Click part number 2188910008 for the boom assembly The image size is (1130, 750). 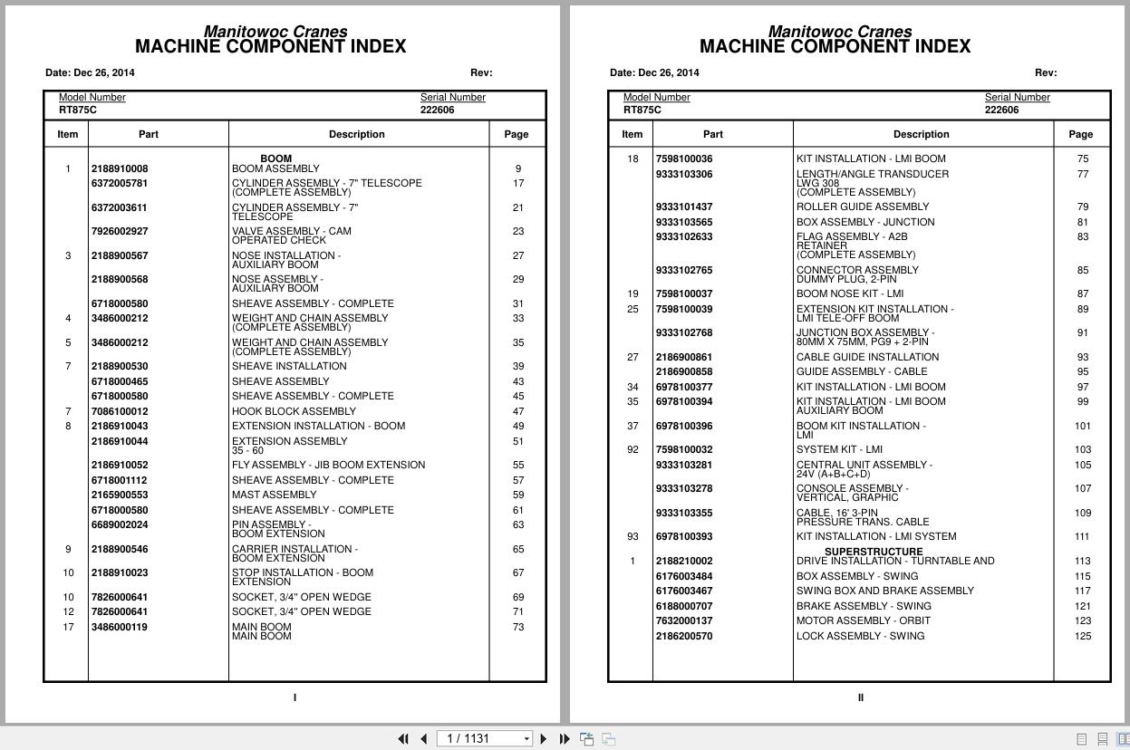click(119, 168)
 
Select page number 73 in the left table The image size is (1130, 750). click(517, 627)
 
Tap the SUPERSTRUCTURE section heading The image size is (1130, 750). click(873, 552)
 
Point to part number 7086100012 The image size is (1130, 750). click(119, 411)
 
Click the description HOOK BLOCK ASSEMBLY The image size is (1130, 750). click(294, 411)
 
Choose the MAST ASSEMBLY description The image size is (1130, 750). click(274, 495)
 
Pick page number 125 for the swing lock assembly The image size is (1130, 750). click(1082, 636)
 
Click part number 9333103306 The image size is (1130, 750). click(683, 174)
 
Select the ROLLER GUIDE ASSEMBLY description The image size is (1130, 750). click(862, 207)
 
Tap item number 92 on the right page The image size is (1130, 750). click(633, 449)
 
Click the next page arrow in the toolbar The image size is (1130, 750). click(543, 739)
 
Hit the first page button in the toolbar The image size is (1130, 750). click(403, 739)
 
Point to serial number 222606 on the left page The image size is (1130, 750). click(437, 110)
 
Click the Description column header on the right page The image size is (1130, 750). click(921, 134)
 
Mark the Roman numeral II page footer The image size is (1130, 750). click(860, 697)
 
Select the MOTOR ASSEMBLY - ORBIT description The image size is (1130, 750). click(863, 620)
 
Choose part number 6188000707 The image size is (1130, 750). click(683, 606)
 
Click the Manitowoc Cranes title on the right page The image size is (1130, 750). click(839, 32)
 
